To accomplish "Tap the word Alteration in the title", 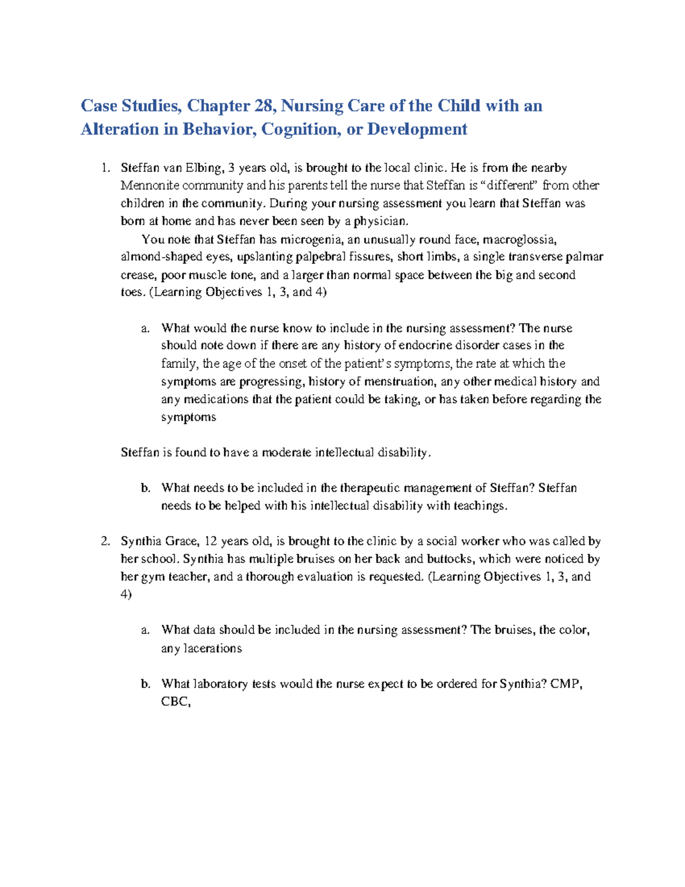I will click(x=119, y=130).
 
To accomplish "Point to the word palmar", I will click(x=585, y=257).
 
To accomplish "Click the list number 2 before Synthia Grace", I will click(x=105, y=541).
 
